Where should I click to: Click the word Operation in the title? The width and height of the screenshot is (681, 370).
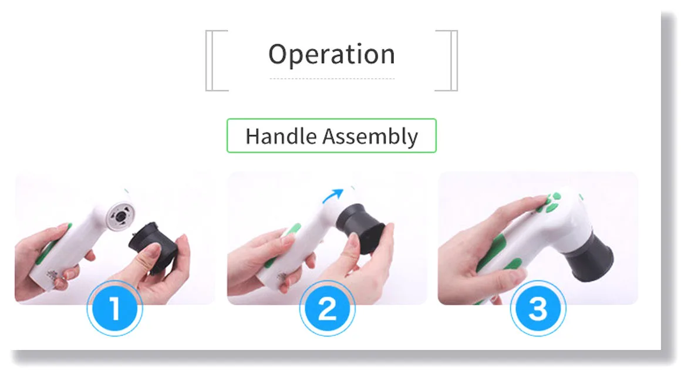[332, 55]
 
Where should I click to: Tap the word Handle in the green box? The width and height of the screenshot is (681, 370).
[281, 136]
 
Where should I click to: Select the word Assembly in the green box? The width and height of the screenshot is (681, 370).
[370, 137]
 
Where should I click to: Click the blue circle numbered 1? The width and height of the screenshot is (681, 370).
[114, 308]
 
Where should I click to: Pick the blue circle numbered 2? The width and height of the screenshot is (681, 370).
[327, 308]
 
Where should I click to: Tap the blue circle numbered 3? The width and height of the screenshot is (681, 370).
[538, 308]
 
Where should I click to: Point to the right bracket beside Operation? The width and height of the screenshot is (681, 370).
[453, 60]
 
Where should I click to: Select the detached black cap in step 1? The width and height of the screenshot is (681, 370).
[154, 247]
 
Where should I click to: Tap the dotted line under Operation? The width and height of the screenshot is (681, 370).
[332, 79]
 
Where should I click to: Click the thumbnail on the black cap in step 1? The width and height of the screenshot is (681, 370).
[153, 251]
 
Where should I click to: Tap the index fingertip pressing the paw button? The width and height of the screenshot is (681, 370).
[538, 201]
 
